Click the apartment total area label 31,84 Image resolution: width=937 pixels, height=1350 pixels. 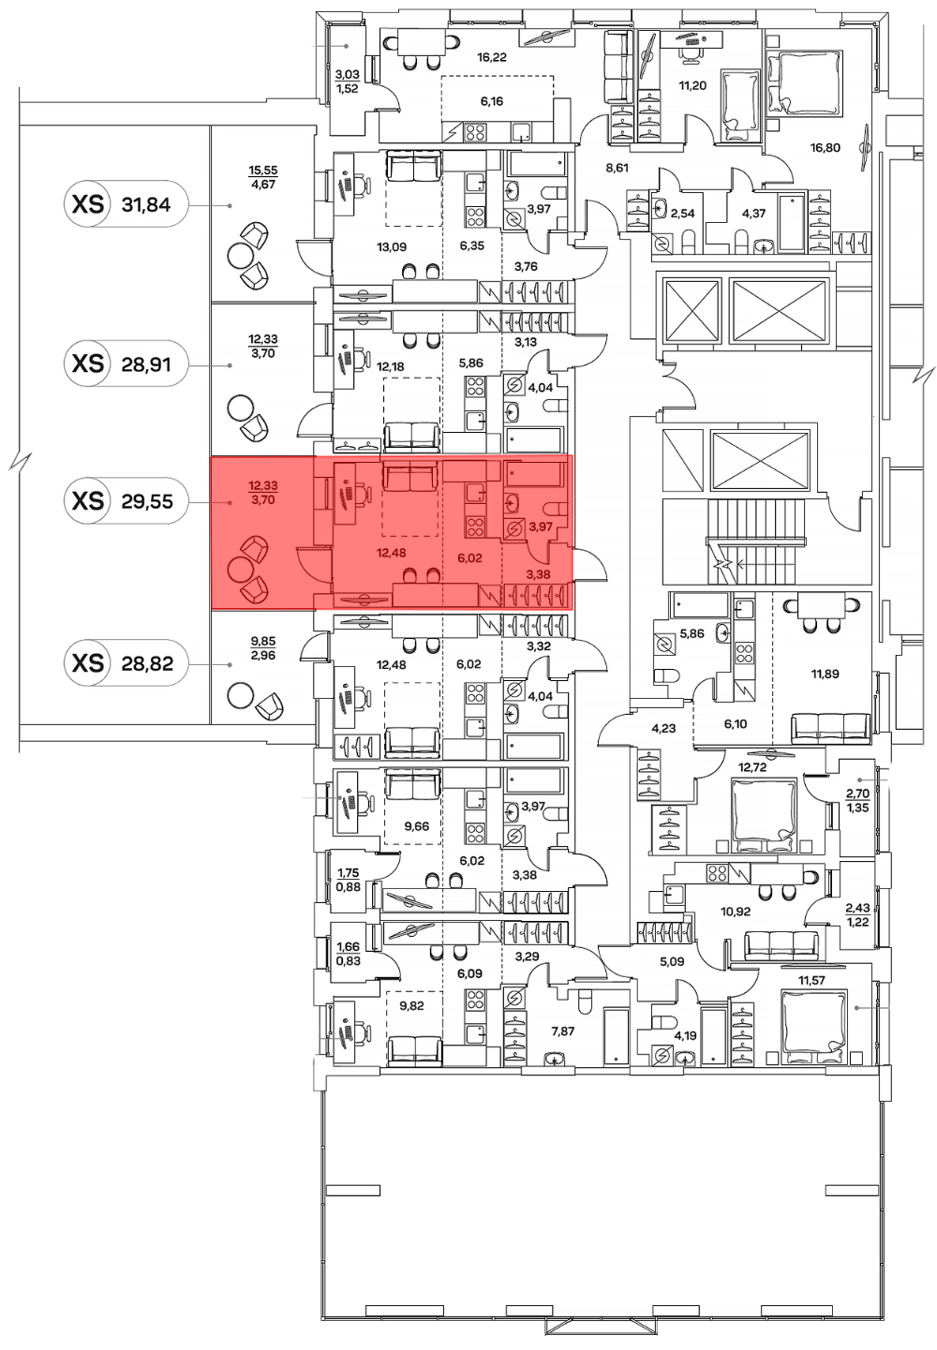(x=146, y=205)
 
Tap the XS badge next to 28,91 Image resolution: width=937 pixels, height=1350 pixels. (x=87, y=364)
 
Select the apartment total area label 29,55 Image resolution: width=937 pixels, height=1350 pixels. (x=147, y=501)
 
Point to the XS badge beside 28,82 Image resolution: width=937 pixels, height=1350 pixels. (x=87, y=663)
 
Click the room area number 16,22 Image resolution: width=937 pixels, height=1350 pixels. (x=491, y=58)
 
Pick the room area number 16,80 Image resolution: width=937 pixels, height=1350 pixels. (x=825, y=148)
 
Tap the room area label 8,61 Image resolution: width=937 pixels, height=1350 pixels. (x=617, y=168)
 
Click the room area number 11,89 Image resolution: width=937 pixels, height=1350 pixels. (x=825, y=675)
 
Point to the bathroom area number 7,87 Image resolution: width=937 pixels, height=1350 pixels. (x=563, y=1031)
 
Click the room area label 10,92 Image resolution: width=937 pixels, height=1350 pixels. (x=736, y=912)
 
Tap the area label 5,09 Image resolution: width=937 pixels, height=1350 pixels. (x=672, y=962)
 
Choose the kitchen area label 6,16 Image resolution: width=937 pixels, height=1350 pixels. (x=491, y=101)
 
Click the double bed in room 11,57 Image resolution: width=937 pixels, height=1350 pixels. (x=812, y=1027)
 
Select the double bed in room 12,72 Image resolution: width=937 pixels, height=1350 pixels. (x=763, y=816)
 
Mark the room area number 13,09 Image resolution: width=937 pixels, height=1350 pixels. (x=392, y=246)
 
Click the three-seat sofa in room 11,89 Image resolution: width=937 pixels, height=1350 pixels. (x=831, y=730)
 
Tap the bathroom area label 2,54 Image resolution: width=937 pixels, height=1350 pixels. (x=682, y=214)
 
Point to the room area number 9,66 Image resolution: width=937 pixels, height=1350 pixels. (x=416, y=825)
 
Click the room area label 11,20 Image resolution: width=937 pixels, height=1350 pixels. (x=692, y=85)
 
